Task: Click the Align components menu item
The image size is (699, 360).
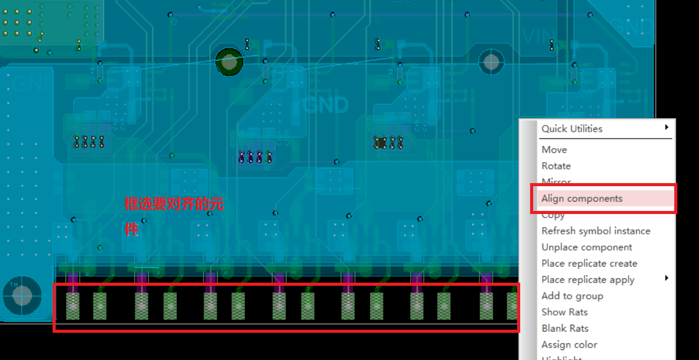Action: click(x=581, y=199)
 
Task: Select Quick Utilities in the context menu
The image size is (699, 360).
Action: click(x=572, y=129)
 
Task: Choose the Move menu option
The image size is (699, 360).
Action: click(x=554, y=150)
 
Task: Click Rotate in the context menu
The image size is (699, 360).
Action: click(x=555, y=166)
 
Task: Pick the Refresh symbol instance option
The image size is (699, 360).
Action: click(x=596, y=231)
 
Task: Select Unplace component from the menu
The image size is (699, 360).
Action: click(x=586, y=247)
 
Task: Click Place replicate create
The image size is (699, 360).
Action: click(x=589, y=264)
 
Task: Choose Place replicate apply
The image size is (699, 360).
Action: click(x=588, y=280)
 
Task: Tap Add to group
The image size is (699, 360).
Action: click(x=572, y=296)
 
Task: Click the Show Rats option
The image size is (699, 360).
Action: click(x=564, y=312)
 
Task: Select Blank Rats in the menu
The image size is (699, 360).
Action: click(x=565, y=328)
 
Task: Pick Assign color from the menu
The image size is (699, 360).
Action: click(x=569, y=345)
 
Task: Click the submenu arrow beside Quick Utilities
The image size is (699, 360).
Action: click(x=666, y=127)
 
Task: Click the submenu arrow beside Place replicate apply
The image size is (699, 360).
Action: click(x=666, y=278)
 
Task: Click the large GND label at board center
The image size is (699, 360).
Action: click(x=326, y=105)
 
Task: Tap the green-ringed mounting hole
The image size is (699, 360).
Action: click(x=229, y=62)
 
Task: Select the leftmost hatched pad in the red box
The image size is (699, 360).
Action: click(x=73, y=306)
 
